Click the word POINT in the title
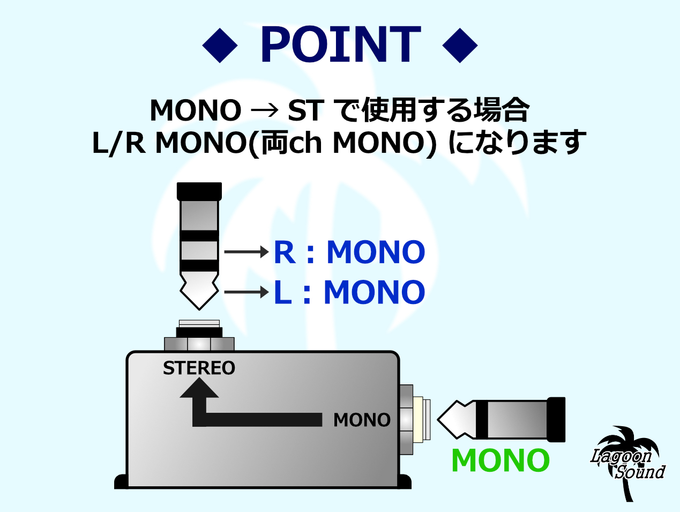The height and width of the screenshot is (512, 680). tap(340, 45)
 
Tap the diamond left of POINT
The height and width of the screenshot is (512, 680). tap(220, 46)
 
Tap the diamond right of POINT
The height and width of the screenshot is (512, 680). tap(460, 46)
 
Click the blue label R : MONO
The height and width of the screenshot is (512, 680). tap(349, 252)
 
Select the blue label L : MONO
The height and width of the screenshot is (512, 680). tap(349, 292)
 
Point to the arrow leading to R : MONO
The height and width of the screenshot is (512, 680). tap(246, 251)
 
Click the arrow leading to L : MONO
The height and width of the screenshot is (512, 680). tap(246, 292)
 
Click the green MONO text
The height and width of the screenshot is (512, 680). tap(500, 461)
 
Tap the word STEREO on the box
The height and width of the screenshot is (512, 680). tap(199, 368)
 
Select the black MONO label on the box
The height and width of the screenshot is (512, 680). tap(362, 420)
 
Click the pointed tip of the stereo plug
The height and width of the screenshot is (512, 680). tap(199, 292)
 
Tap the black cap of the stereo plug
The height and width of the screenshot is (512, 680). tap(199, 191)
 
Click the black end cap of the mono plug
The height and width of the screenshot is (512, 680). tap(556, 419)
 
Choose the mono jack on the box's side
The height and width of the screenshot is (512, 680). tap(416, 419)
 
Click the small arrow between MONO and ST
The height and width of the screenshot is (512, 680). tap(265, 110)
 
